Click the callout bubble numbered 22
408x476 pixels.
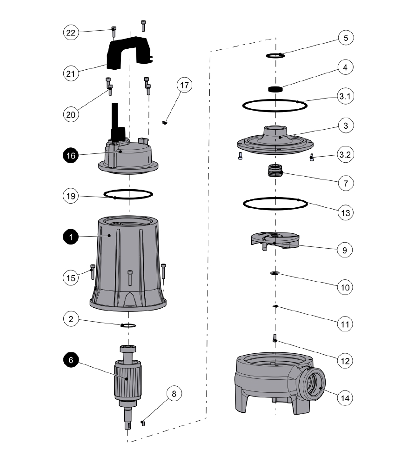[x=71, y=32]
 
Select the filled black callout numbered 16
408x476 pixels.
[x=71, y=156]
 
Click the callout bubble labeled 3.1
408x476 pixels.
[x=345, y=97]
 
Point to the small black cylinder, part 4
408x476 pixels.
[x=276, y=89]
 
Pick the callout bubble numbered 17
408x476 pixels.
[x=184, y=86]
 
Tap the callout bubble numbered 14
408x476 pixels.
[x=345, y=398]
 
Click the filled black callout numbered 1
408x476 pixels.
[x=71, y=237]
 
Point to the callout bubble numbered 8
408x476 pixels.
[x=174, y=394]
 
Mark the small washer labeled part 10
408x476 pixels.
[x=274, y=273]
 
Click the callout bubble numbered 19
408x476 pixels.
[x=71, y=196]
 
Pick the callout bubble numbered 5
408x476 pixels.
[x=345, y=38]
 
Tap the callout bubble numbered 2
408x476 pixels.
[x=71, y=319]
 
